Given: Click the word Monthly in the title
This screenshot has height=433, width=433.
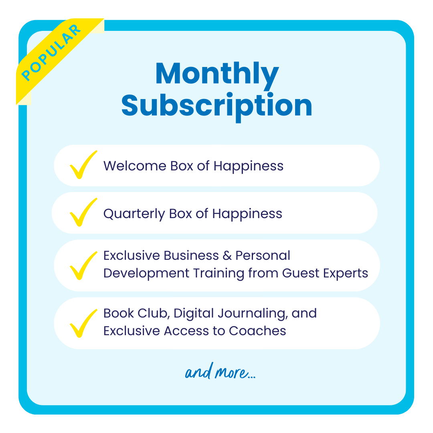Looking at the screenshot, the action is point(217,75).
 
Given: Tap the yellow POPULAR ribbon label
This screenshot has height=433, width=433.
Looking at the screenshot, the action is point(51,53).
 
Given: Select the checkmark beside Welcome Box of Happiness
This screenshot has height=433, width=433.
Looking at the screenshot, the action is point(83,165).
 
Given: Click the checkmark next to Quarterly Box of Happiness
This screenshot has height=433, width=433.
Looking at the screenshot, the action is point(83,212).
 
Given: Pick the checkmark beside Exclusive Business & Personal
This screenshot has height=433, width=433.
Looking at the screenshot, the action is point(83,266).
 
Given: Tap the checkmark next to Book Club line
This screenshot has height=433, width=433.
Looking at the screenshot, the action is point(83,324).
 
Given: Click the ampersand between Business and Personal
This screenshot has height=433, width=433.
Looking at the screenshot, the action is point(227,256).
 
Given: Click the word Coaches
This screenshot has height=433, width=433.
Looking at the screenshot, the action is point(257,331).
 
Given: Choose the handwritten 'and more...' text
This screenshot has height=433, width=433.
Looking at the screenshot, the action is point(221,371).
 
